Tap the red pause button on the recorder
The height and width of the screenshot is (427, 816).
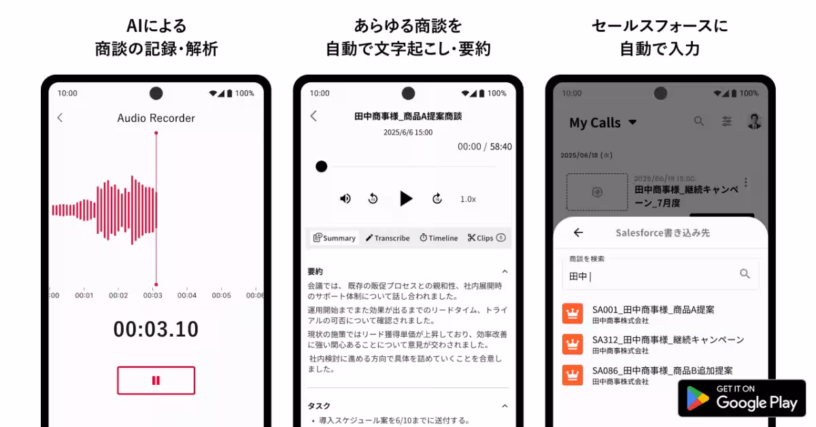156,381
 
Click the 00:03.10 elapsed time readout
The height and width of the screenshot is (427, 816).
156,330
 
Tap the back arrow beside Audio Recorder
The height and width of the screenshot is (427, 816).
60,118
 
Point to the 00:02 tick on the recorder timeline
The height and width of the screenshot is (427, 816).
118,295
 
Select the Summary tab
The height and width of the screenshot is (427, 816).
335,238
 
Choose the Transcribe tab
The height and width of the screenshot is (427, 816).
388,238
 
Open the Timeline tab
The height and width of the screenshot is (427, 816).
439,238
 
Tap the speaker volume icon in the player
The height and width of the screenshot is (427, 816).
345,199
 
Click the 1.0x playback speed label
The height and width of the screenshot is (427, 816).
468,199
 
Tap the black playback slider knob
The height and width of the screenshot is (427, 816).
322,167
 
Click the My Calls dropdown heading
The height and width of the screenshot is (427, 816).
602,123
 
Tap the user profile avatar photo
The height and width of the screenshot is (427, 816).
754,121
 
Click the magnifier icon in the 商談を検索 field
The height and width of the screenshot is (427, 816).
745,273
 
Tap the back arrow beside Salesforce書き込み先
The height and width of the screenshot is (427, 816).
578,233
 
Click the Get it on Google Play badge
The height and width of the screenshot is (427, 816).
742,398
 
